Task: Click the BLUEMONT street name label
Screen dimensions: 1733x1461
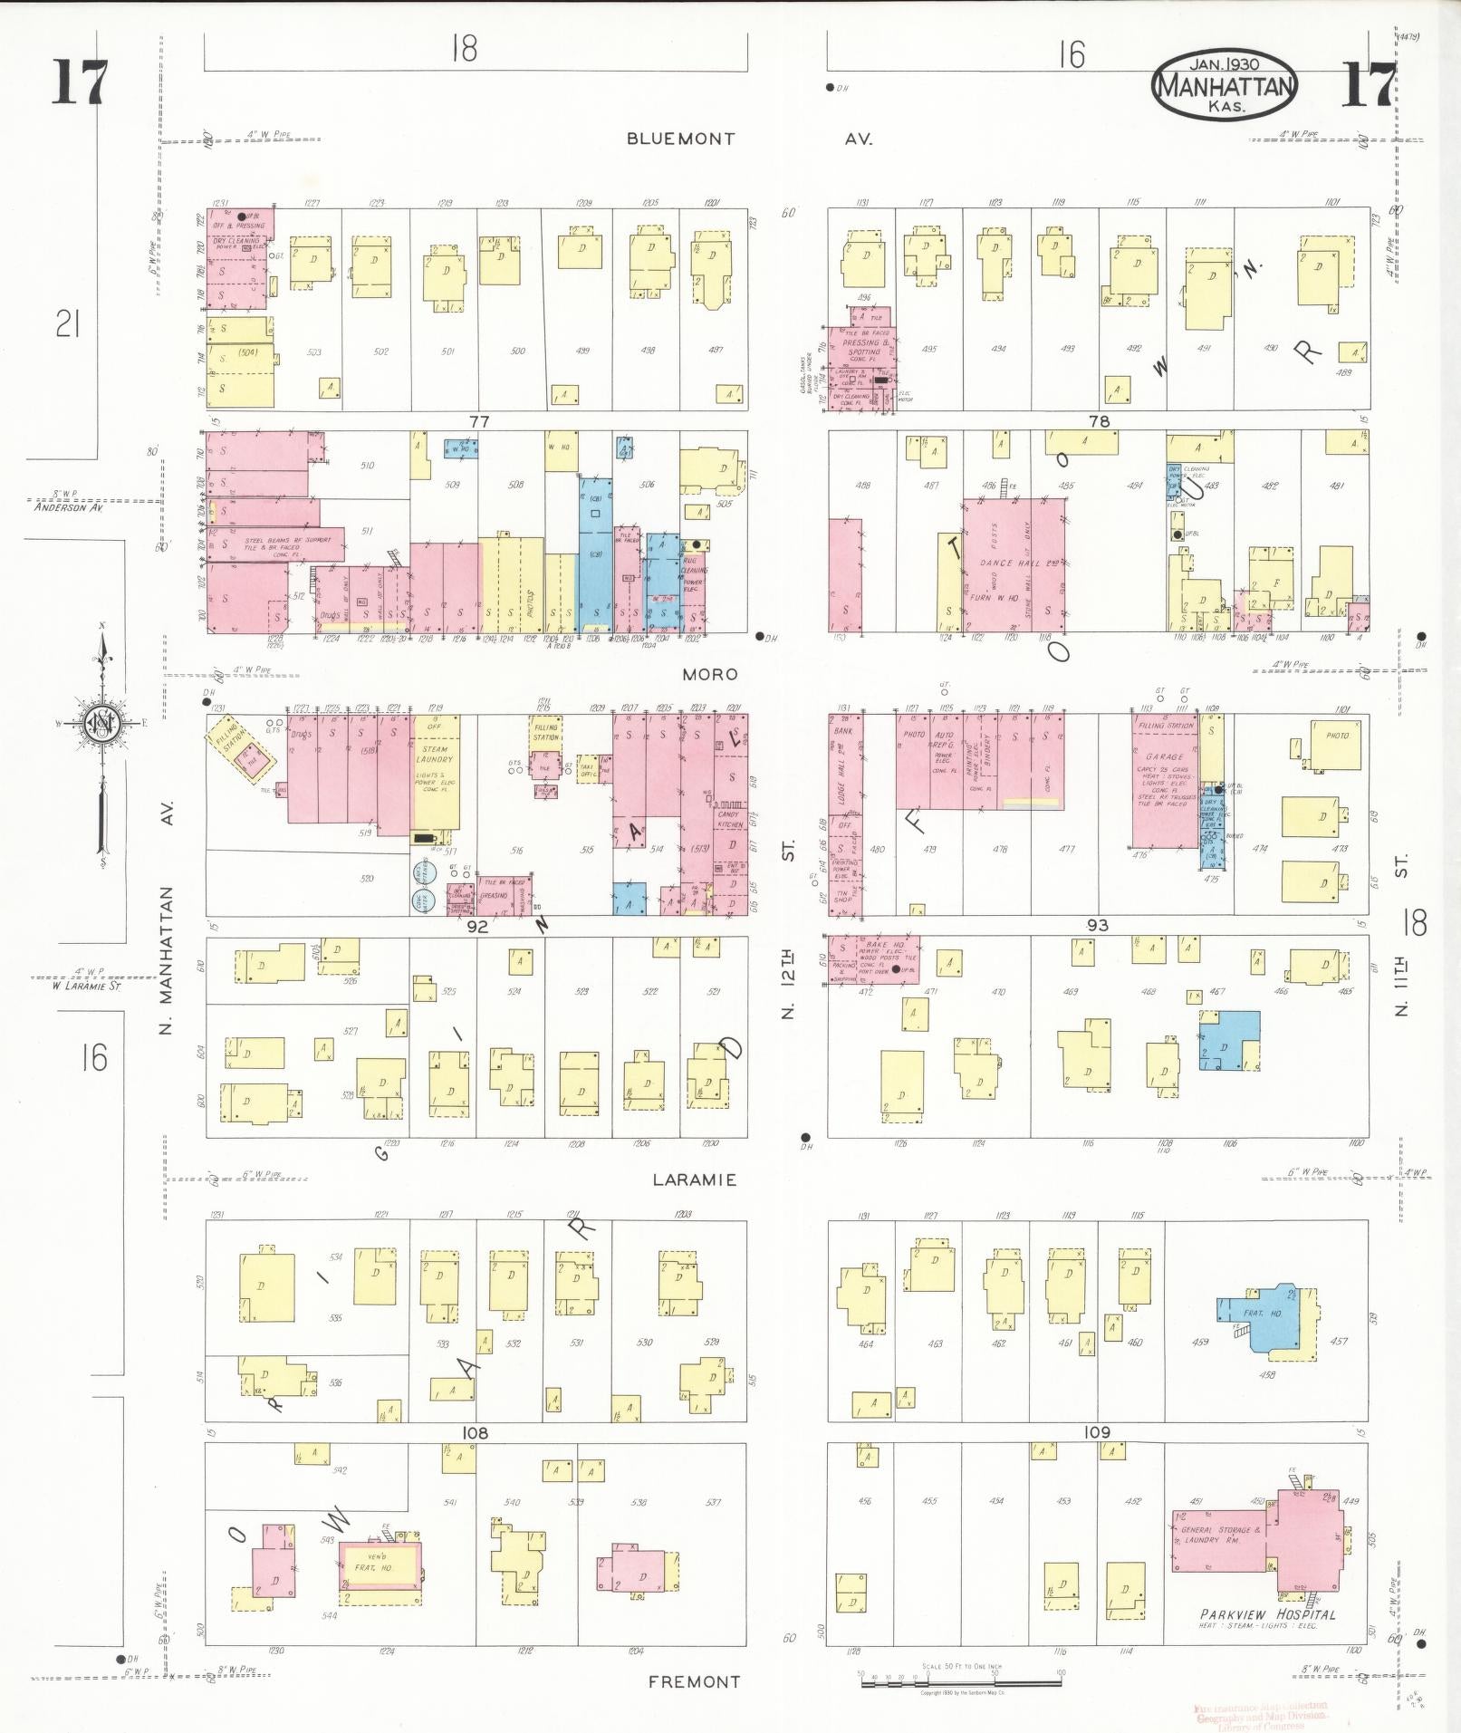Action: [x=680, y=139]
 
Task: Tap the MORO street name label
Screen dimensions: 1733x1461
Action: [x=710, y=674]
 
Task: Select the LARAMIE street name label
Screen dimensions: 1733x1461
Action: [x=694, y=1179]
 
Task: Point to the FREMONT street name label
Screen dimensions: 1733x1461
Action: [x=694, y=1681]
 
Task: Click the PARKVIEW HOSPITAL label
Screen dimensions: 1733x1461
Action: [x=1267, y=1614]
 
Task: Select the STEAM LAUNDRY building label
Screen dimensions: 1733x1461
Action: [x=435, y=754]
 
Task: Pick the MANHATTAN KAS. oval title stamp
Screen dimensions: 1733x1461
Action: [x=1225, y=86]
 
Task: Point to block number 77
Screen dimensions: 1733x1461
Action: [x=479, y=421]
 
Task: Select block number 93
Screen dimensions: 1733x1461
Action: [x=1098, y=925]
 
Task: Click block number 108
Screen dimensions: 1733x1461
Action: [x=475, y=1432]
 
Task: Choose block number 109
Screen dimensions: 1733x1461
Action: [x=1097, y=1431]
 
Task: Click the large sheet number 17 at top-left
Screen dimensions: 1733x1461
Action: [x=80, y=83]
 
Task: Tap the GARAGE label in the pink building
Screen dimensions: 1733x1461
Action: [x=1165, y=756]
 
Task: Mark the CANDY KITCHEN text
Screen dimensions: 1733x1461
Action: [x=729, y=819]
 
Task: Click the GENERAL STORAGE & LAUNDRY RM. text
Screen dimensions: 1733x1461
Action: [x=1220, y=1534]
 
